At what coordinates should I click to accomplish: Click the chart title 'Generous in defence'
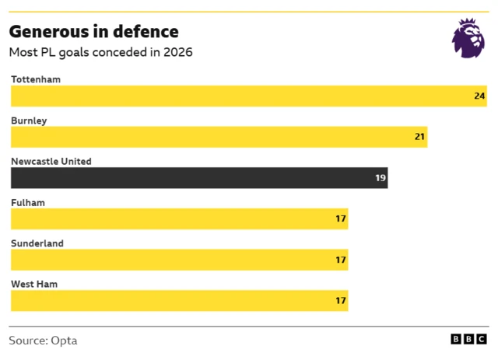coord(93,32)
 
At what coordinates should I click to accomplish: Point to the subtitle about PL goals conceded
coord(100,53)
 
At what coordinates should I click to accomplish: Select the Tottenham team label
coord(36,79)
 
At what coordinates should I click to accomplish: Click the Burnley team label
coord(29,121)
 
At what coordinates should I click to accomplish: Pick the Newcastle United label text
coord(51,162)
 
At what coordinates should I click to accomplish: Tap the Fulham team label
coord(28,202)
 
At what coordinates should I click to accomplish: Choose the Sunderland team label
coord(37,243)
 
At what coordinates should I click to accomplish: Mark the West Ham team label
coord(34,284)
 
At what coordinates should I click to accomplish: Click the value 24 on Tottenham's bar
coord(479,96)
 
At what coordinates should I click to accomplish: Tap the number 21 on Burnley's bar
coord(419,137)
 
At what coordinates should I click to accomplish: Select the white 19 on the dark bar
coord(381,178)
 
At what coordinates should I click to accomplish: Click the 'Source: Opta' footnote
coord(43,341)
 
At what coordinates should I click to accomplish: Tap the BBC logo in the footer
coord(469,340)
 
